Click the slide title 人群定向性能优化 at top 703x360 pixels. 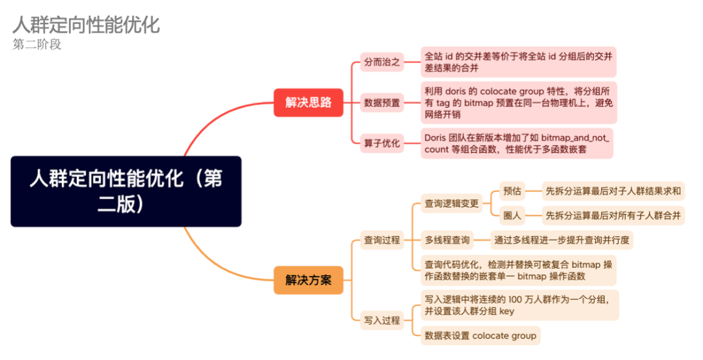click(86, 25)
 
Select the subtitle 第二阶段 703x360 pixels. click(37, 44)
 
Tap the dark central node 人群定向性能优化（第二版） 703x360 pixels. click(126, 191)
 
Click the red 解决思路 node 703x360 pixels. click(308, 102)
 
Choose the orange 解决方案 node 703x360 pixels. click(308, 280)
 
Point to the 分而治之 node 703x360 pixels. click(382, 62)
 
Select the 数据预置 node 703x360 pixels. click(382, 102)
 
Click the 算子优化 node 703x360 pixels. click(382, 143)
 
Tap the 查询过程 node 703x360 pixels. click(382, 240)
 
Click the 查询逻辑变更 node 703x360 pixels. click(452, 204)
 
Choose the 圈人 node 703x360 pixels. click(513, 215)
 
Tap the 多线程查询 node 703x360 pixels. click(447, 240)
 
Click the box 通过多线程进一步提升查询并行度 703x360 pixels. click(561, 240)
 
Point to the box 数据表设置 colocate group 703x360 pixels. click(480, 335)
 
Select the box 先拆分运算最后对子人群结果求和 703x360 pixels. click(613, 191)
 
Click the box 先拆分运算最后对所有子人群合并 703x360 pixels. click(613, 215)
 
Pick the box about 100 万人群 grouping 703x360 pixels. click(517, 305)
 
